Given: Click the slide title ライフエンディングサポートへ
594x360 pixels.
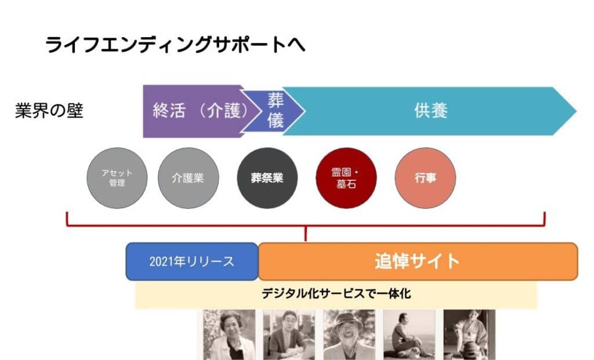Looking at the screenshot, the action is (x=175, y=45).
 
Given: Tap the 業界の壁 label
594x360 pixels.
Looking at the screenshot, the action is (x=49, y=111).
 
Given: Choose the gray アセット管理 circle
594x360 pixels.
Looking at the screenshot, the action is (x=117, y=178).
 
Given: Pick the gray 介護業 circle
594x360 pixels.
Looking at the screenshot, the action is (x=189, y=178).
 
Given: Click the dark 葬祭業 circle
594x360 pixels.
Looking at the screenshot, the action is (x=267, y=178).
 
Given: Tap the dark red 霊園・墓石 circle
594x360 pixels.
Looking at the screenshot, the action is (x=346, y=178).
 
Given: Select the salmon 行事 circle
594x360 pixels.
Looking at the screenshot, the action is (x=425, y=178).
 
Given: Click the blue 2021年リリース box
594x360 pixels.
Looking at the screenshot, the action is (x=192, y=261).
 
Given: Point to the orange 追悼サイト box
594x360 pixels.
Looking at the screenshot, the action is (x=418, y=261).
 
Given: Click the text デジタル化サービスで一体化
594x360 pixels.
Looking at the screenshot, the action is (x=336, y=294).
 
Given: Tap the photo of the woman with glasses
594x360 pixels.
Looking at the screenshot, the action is (x=229, y=334).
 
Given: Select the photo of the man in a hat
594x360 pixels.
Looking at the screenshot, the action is (x=349, y=334).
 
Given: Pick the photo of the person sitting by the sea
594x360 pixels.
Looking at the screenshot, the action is (x=410, y=334).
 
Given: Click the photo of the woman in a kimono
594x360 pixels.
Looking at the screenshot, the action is (x=469, y=334).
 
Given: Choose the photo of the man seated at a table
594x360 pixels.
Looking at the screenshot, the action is (x=289, y=334).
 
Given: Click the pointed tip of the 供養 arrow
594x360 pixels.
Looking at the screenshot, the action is (x=576, y=111).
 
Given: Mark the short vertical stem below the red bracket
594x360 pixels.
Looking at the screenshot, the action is (x=306, y=234).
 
